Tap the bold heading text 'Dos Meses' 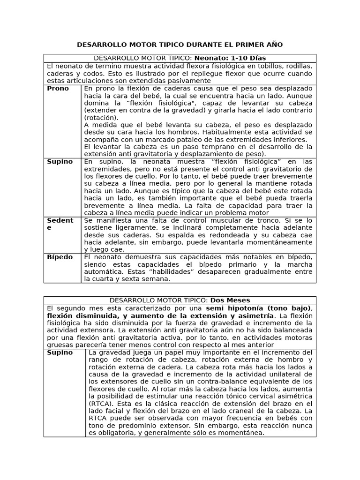(230, 300)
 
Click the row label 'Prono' (58, 88)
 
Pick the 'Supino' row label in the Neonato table (60, 161)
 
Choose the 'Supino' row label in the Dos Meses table (60, 352)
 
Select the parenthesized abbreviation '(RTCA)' (101, 404)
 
